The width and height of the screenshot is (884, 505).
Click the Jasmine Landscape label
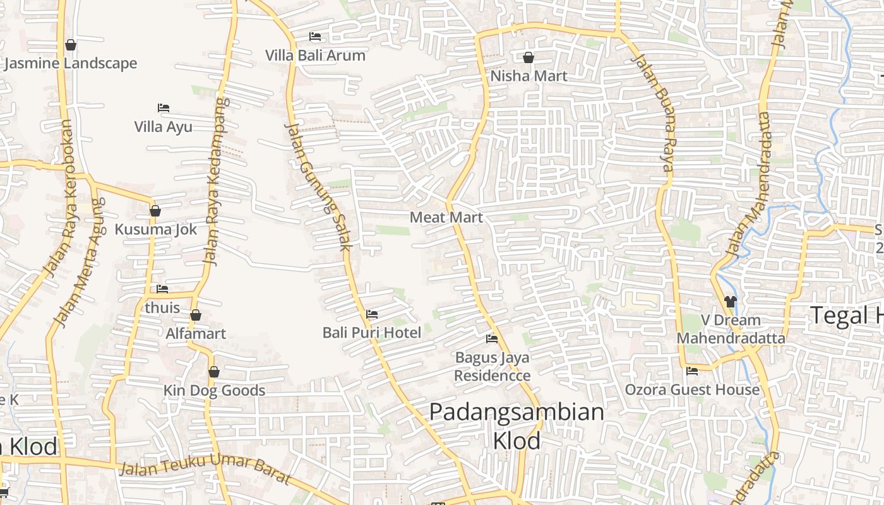tap(71, 63)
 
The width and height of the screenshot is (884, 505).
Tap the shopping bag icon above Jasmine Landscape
tap(71, 45)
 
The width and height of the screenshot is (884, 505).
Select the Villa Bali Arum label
tap(315, 56)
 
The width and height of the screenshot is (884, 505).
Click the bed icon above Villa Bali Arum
tap(315, 37)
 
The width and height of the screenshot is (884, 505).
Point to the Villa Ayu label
tap(163, 127)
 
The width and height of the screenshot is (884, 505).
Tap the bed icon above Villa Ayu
tap(164, 108)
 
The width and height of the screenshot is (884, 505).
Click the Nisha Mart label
tap(529, 76)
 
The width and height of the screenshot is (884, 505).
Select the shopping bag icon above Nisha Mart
tap(529, 57)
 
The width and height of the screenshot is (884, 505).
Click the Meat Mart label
tap(446, 217)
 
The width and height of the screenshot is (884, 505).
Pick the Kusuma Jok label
tap(155, 229)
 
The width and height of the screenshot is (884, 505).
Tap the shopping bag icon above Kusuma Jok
tap(155, 211)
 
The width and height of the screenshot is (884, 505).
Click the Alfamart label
tap(196, 333)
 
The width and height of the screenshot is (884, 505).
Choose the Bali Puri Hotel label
tap(371, 332)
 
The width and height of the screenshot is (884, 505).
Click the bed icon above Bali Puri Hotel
tap(372, 314)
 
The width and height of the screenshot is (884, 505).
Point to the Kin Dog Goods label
tap(214, 391)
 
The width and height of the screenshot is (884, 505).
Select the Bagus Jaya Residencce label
tap(493, 367)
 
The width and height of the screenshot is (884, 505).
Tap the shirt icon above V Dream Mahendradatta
tap(731, 302)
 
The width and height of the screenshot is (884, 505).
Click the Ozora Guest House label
tap(692, 389)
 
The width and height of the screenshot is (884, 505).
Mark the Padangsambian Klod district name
tap(517, 425)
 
